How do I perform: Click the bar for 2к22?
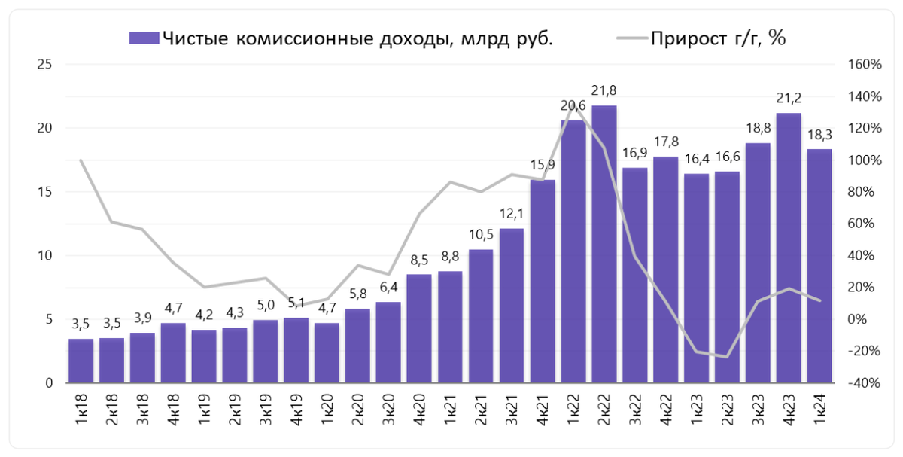pos(604,245)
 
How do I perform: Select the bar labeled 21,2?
pos(789,248)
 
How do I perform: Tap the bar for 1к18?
pos(81,361)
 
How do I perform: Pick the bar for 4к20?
pos(419,329)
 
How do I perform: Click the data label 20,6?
pos(573,105)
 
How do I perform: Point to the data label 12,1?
pos(511,213)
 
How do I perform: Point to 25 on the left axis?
pos(44,65)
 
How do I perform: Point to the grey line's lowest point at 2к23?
pos(727,357)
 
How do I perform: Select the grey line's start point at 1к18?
pos(81,160)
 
